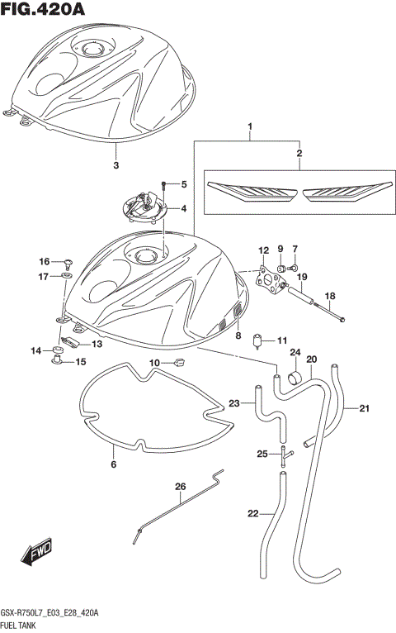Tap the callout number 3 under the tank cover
[x=115, y=165]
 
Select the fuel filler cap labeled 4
[x=145, y=207]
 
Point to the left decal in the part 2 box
[x=250, y=192]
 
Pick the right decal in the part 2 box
[x=343, y=192]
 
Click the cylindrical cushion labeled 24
[x=293, y=379]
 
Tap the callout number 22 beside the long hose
[x=252, y=514]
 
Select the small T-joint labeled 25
[x=283, y=453]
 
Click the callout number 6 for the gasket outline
[x=113, y=464]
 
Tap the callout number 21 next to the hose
[x=365, y=406]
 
